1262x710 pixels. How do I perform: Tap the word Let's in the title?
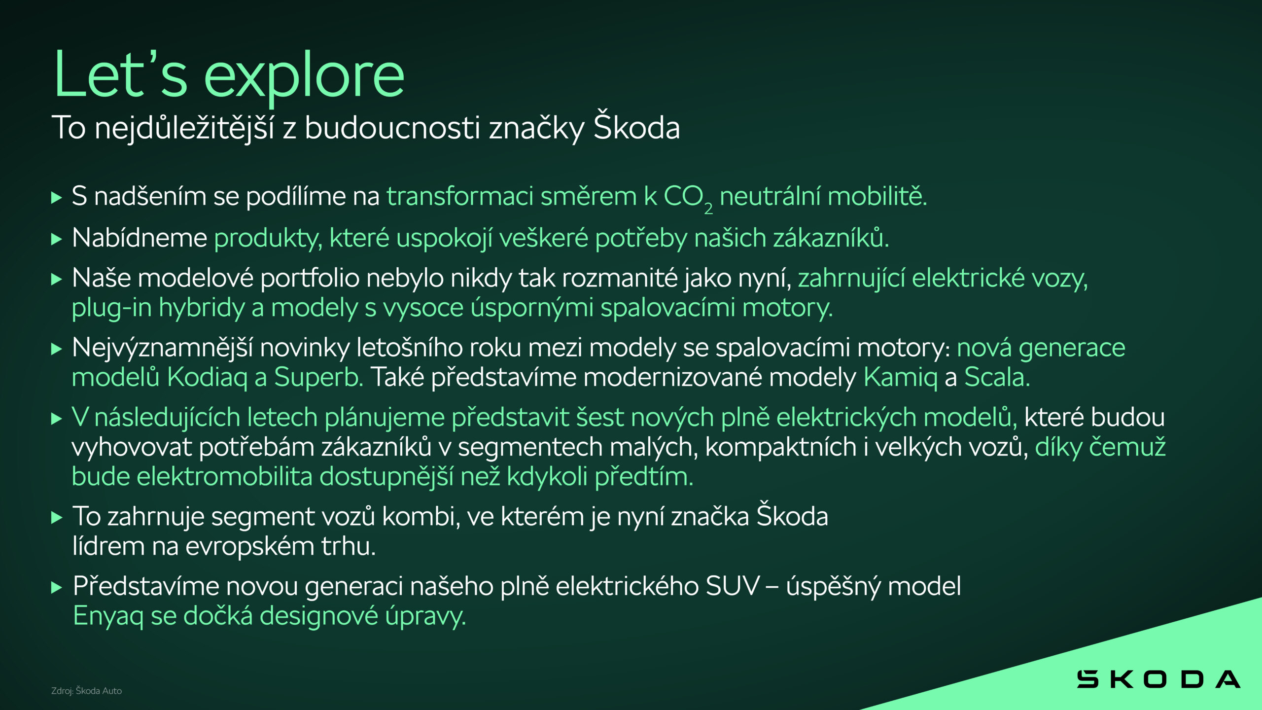(120, 75)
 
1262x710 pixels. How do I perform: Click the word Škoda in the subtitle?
(636, 127)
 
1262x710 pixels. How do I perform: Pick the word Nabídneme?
(140, 238)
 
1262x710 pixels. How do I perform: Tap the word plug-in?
(111, 308)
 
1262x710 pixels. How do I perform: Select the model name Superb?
(318, 378)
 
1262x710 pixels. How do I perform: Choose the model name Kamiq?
(900, 378)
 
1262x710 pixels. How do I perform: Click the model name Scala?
(996, 378)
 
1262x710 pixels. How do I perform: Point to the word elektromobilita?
(224, 477)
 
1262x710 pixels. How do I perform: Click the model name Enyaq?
(108, 616)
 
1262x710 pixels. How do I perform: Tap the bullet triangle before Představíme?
(57, 588)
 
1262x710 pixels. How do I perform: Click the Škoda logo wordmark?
(1158, 679)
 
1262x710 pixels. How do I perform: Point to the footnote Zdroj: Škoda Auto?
(86, 691)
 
